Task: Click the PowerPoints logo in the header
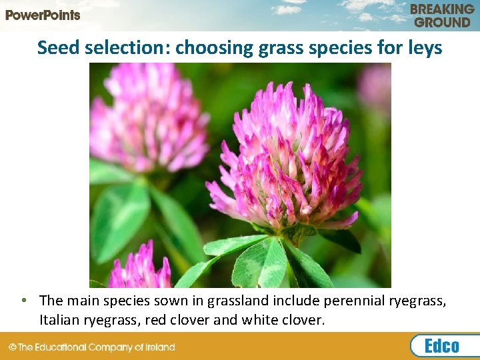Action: tap(43, 15)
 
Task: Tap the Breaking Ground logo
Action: tap(442, 15)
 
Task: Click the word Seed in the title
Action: tap(55, 47)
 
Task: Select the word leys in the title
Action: tap(424, 47)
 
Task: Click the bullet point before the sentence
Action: tap(23, 301)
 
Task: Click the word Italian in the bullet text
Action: tap(59, 320)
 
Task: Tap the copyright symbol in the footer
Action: tap(13, 347)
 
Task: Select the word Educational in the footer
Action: tap(63, 347)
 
